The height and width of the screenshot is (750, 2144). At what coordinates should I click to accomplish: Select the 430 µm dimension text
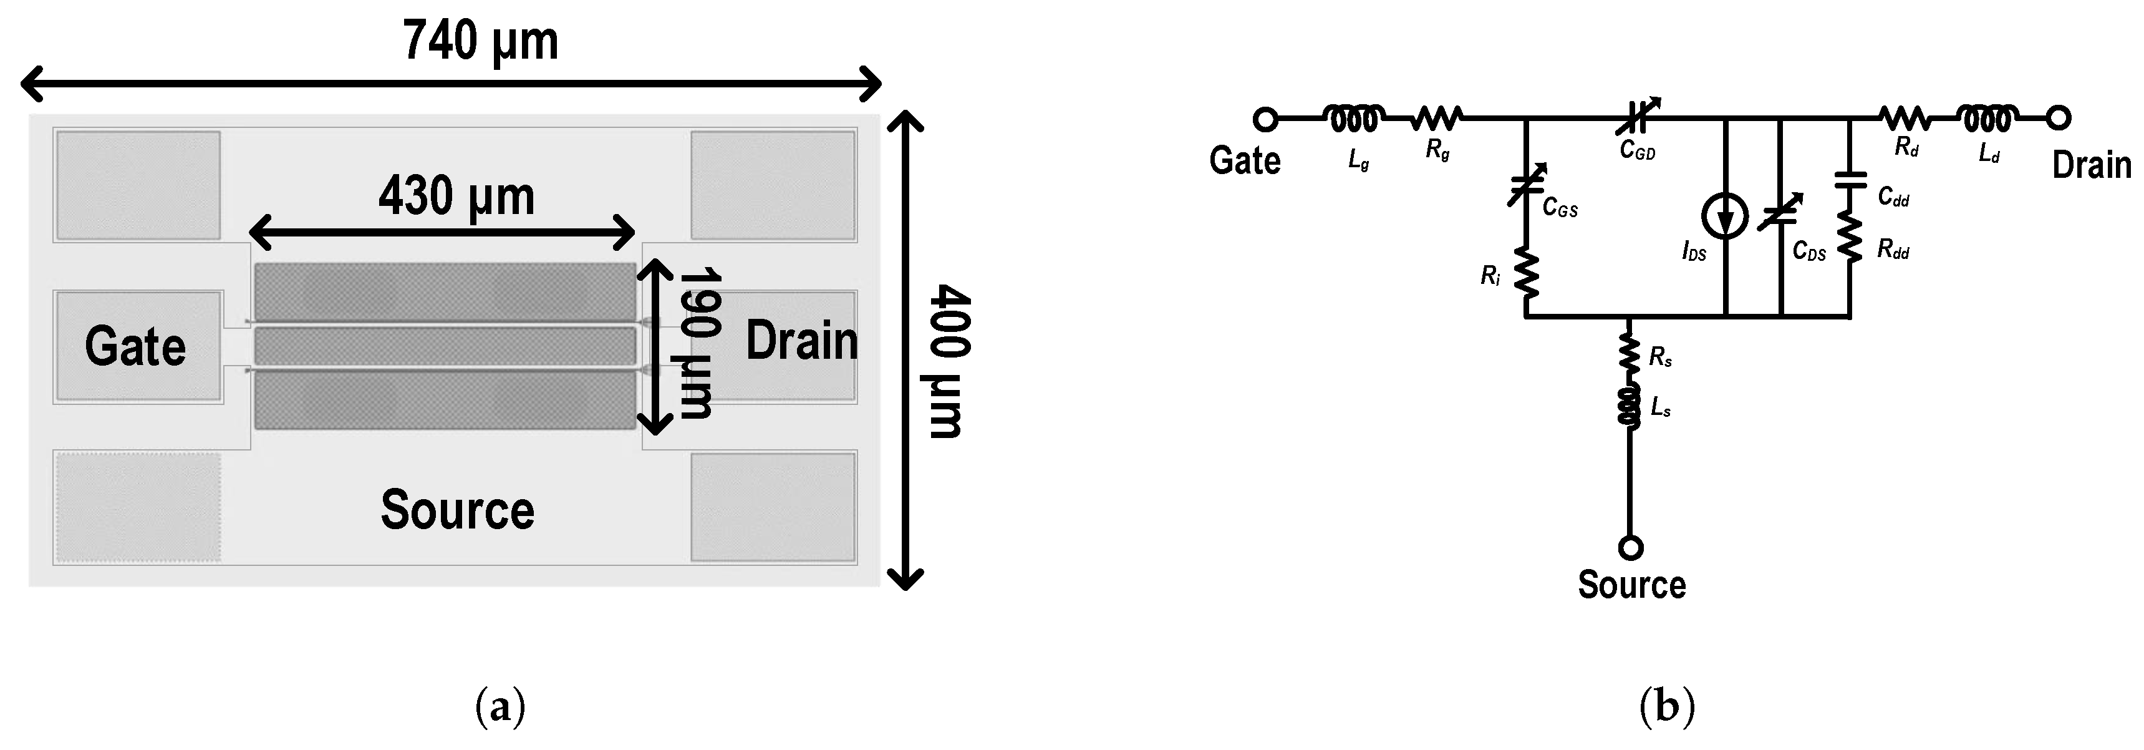click(x=456, y=197)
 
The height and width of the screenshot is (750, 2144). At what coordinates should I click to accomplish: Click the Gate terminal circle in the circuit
click(x=1265, y=120)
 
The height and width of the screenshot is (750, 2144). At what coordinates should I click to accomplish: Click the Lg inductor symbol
click(x=1354, y=120)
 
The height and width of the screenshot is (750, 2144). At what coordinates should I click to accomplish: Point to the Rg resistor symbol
click(x=1437, y=119)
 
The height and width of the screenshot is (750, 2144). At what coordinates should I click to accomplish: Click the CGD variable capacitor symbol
click(x=1637, y=118)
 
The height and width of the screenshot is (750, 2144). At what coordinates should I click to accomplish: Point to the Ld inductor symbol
click(x=1987, y=119)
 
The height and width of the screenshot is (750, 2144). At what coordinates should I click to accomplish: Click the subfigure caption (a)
click(x=500, y=708)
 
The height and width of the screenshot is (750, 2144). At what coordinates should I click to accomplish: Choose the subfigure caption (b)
click(x=1666, y=708)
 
